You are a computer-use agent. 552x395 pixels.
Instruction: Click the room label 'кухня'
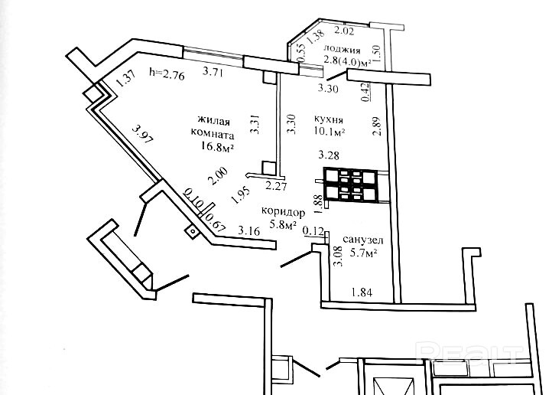click(329, 120)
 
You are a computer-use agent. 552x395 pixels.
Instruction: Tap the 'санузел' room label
click(362, 240)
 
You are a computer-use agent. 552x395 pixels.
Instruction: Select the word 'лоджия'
click(342, 50)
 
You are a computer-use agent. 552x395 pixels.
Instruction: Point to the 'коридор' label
click(283, 212)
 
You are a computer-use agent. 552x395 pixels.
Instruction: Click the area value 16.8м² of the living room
click(218, 146)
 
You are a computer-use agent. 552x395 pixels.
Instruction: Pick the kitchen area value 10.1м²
click(330, 132)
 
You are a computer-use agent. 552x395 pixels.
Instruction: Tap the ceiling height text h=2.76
click(167, 74)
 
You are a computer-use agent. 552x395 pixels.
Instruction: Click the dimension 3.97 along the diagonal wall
click(142, 134)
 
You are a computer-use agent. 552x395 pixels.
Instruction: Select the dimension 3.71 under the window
click(214, 72)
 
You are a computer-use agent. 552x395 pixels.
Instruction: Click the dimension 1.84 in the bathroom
click(362, 292)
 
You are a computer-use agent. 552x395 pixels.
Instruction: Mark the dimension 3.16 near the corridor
click(249, 230)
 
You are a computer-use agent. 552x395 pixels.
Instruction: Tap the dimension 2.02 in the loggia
click(343, 31)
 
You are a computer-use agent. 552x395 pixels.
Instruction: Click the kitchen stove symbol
click(352, 185)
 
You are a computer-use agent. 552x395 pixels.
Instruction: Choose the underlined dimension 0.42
click(365, 93)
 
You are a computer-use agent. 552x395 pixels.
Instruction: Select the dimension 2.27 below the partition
click(276, 186)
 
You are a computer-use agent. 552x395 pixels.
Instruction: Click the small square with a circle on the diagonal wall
click(192, 231)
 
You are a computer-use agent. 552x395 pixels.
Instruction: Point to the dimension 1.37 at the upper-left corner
click(125, 79)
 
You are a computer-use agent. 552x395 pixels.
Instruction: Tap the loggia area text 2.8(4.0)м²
click(348, 62)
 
